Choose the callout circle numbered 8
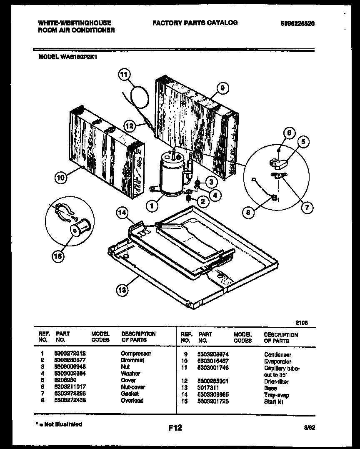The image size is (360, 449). [x=248, y=212]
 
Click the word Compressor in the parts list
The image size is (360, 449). [x=136, y=354]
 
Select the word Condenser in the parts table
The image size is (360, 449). [x=277, y=355]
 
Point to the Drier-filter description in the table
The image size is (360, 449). [x=276, y=381]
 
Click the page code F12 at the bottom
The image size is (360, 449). [x=175, y=427]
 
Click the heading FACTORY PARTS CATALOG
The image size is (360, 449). [x=195, y=23]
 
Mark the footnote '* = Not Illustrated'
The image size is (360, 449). [x=58, y=424]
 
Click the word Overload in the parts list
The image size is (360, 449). [x=132, y=400]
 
